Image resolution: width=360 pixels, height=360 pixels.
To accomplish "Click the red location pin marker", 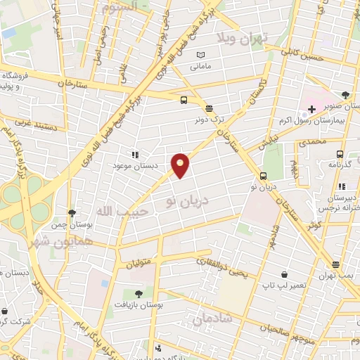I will [x=181, y=165].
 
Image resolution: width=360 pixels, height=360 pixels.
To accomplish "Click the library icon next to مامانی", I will [x=202, y=56].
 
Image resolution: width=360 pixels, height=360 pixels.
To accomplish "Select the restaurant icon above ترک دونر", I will [x=209, y=108].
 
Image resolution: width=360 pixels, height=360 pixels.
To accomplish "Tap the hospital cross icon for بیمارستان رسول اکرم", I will [x=311, y=110].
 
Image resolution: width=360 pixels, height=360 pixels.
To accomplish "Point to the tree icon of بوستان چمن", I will [x=72, y=213].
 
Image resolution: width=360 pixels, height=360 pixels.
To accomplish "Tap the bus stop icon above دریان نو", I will [x=263, y=176].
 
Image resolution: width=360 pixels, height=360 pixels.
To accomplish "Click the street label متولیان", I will [x=139, y=264].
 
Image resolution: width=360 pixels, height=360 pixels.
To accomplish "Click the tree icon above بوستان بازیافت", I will [x=139, y=294].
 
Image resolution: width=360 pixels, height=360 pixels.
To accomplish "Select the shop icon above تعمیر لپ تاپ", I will [x=283, y=274].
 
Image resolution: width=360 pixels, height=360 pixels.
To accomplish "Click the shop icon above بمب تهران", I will [x=336, y=266].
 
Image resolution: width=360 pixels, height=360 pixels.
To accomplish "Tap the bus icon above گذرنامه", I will [x=340, y=154].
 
